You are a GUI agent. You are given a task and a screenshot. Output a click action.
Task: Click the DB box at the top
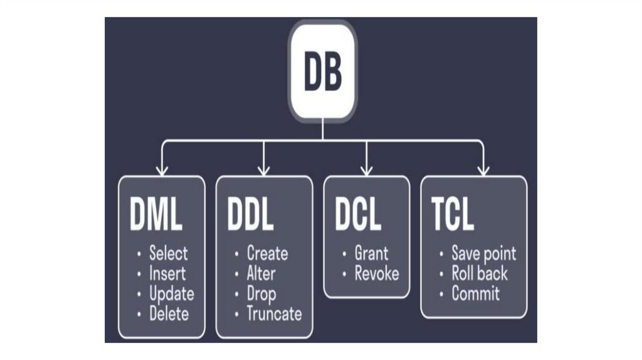point(322,71)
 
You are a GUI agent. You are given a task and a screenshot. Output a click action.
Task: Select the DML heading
point(156,216)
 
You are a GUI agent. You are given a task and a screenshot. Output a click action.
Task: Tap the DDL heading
point(250,216)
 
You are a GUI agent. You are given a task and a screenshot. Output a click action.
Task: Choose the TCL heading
point(453,216)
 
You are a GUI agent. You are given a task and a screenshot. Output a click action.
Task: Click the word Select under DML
point(168,253)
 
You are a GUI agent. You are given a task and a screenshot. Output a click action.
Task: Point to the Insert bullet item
point(167,273)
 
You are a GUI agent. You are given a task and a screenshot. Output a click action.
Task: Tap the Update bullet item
point(171,294)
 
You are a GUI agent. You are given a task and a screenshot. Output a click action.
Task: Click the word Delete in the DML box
point(169,314)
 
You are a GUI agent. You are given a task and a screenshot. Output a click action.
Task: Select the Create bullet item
point(267,253)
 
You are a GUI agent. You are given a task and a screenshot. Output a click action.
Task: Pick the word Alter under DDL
point(261,273)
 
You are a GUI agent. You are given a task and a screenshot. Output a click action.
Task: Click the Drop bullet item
point(261,294)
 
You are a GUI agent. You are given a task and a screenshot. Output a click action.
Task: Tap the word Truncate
point(273,314)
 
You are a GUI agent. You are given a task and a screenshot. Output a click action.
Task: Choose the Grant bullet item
point(371,253)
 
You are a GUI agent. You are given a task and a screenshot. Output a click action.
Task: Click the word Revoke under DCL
point(376,273)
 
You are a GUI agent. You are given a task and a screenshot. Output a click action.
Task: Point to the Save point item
point(483,253)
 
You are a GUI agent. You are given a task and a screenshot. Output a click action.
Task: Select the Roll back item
point(480,273)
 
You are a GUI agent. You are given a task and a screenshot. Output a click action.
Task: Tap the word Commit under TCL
point(475,294)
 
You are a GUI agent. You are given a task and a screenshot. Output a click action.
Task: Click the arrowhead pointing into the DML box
point(162,169)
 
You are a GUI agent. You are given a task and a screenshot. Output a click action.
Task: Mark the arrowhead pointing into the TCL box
point(483,169)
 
